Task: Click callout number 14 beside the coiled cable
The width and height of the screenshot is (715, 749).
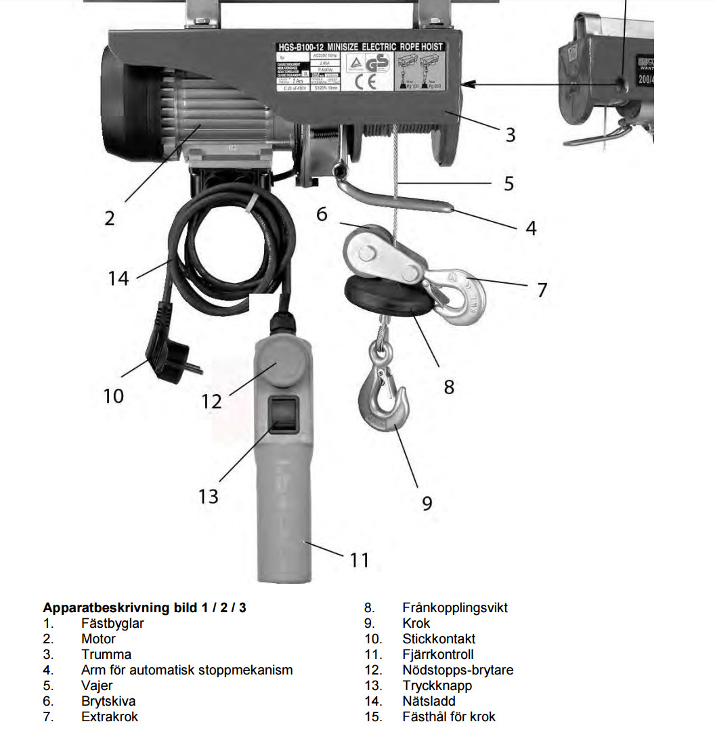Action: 118,278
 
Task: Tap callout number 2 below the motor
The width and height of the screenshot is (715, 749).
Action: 109,218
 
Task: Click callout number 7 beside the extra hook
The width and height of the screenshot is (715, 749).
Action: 542,290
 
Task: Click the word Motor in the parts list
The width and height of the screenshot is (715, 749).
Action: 98,639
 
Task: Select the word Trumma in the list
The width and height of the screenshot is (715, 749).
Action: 106,654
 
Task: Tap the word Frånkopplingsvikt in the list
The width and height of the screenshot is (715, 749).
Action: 454,607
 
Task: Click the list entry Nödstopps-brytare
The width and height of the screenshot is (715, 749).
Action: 458,670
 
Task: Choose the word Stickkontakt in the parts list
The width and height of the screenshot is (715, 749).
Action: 439,639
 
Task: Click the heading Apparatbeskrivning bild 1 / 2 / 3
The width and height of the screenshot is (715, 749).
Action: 144,607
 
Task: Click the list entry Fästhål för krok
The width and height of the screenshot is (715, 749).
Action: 448,716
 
